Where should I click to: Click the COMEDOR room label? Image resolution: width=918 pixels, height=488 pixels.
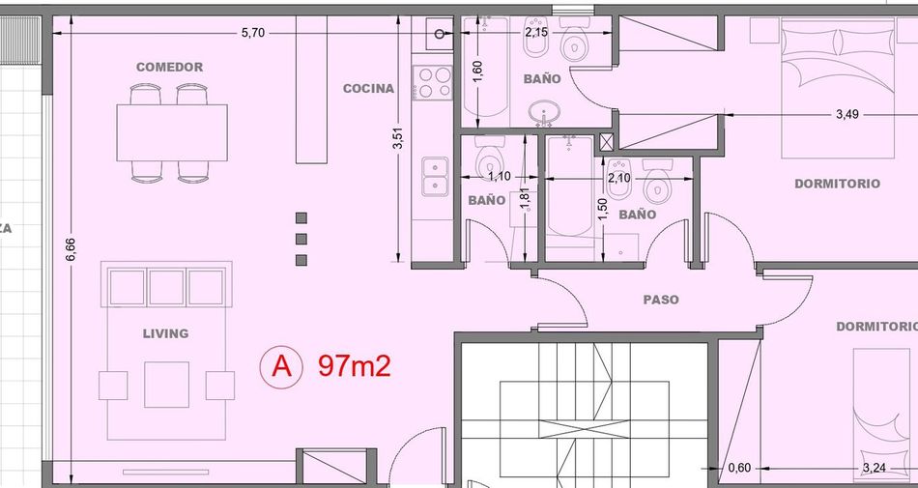coord(170,68)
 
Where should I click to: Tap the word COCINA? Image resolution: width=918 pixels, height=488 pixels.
coord(368,89)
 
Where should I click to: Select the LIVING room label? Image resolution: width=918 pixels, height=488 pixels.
coord(165,333)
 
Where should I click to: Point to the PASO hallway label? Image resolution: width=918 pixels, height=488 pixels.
coord(661,300)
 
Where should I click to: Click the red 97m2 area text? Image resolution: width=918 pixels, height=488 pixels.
coord(355,366)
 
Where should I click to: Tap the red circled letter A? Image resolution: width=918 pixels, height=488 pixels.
coord(281,367)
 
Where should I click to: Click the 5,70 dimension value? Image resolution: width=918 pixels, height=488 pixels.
coord(253,33)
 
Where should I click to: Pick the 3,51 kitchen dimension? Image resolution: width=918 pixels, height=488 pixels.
coord(398,139)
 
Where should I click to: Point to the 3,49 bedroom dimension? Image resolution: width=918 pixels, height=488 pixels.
coord(847,115)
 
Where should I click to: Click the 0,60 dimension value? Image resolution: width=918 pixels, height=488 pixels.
coord(739,468)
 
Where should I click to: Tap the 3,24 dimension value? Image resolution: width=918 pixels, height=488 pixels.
coord(875,468)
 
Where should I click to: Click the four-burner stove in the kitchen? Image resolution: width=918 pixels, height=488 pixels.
coord(433,82)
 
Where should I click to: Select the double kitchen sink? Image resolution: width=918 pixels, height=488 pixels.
coord(435,177)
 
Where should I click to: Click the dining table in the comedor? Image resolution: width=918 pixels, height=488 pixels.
coord(172,132)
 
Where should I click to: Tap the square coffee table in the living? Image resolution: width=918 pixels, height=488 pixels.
coord(167,385)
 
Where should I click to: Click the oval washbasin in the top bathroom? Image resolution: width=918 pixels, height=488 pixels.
coord(545,112)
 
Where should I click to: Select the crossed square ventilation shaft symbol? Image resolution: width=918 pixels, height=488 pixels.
coord(607,142)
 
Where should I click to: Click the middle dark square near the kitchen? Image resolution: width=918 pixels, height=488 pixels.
coord(301,239)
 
